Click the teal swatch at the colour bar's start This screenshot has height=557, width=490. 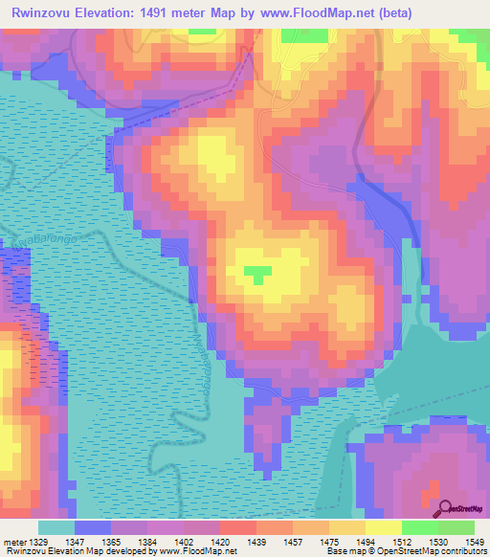click(x=56, y=527)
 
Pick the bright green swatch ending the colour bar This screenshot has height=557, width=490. click(x=456, y=527)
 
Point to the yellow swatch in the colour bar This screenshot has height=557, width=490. click(x=383, y=527)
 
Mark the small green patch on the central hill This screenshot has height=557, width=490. click(x=255, y=275)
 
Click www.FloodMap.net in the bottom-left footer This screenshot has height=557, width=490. click(x=198, y=551)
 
